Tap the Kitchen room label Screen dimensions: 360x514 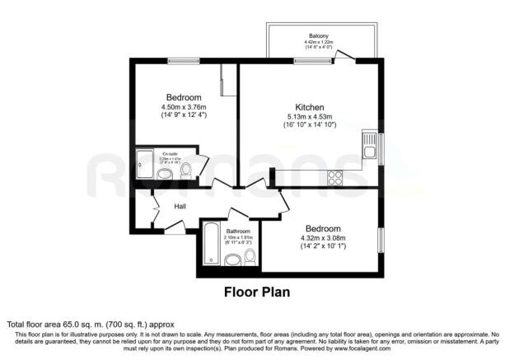coord(309,108)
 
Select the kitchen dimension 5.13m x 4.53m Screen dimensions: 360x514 coord(309,118)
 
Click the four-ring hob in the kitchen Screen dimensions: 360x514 coord(335,176)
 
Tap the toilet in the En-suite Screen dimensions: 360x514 coord(186,171)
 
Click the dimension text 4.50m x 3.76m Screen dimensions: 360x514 coord(183,105)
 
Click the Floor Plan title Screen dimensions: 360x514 coord(256,292)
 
